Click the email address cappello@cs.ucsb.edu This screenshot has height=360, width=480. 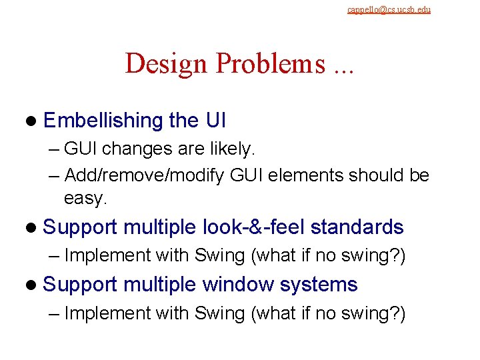(x=389, y=9)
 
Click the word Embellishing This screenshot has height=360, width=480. (x=103, y=121)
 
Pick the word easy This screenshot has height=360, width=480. (x=85, y=198)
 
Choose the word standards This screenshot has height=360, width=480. (x=357, y=227)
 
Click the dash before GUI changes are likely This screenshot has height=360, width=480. (x=55, y=150)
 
